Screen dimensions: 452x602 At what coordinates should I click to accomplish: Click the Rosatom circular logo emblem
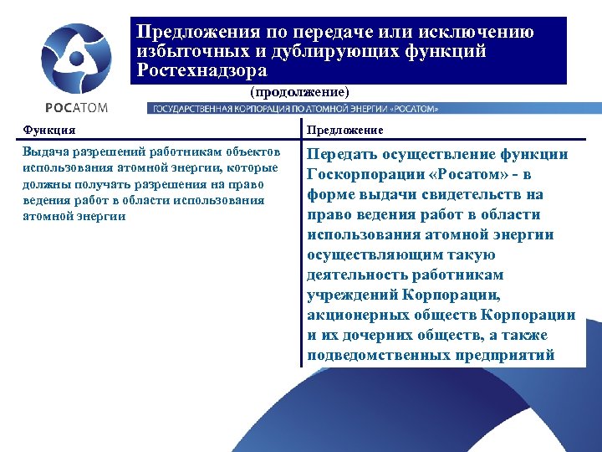pos(76,58)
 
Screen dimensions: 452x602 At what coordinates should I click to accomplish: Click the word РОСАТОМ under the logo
pos(76,107)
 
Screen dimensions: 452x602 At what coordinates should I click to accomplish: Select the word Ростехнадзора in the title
pos(202,71)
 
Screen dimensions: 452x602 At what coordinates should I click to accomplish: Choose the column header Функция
pos(49,130)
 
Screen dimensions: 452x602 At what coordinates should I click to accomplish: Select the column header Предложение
pos(345,130)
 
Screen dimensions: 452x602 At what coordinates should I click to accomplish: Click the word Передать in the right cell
pos(343,154)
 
